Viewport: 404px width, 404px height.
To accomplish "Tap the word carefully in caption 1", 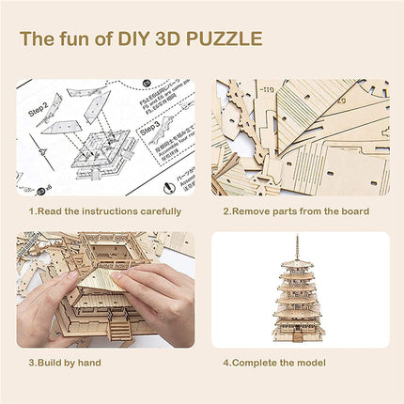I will (156, 211).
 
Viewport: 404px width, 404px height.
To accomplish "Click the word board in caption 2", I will (352, 211).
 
